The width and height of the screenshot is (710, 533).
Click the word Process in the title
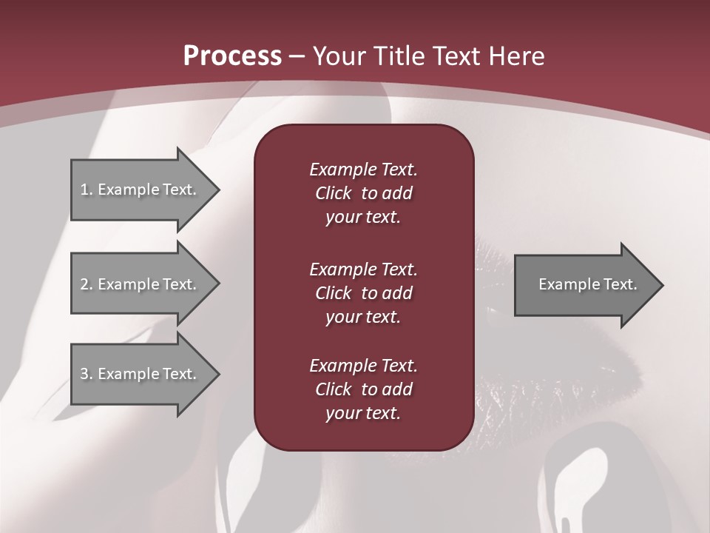[232, 56]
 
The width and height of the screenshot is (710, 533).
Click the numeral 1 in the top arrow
[84, 190]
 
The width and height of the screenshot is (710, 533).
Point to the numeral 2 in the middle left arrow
[84, 284]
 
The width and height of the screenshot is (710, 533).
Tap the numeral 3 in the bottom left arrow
[84, 374]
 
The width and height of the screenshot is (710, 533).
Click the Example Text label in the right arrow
[587, 284]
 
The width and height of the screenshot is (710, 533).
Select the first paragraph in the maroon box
[363, 193]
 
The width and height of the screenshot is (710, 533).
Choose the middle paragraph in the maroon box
[363, 292]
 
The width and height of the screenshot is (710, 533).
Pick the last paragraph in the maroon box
[363, 389]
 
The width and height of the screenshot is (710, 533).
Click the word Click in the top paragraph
[333, 193]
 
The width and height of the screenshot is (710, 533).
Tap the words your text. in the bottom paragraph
[363, 413]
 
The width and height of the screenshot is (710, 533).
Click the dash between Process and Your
[297, 56]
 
